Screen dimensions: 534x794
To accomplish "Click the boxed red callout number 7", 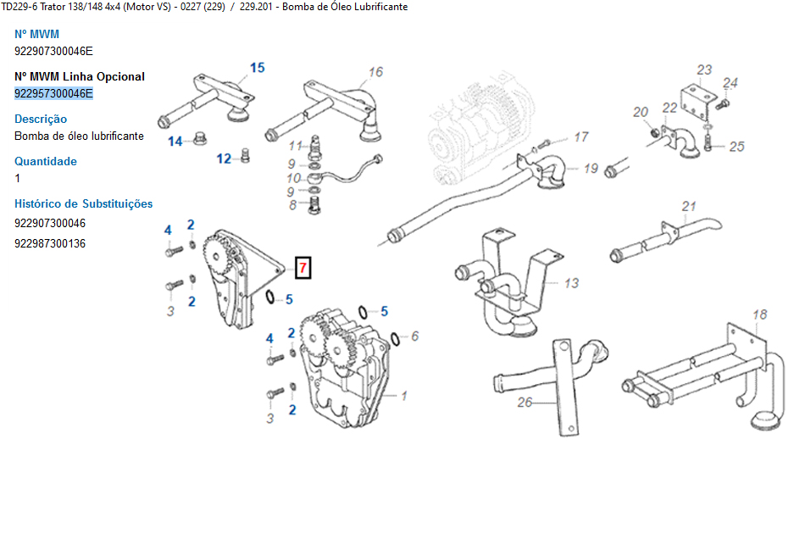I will point(303,268).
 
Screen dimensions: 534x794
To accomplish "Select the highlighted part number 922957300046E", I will point(53,93).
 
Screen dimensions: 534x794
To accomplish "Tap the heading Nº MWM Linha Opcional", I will point(80,76).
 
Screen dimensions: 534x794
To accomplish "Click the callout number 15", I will point(257,68).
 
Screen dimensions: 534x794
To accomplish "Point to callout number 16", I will point(375,72).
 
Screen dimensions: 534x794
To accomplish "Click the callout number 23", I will point(704,70).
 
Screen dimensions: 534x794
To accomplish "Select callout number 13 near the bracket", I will point(572,283).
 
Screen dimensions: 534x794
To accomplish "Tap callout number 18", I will point(760,314).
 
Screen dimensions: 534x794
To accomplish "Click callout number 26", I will point(525,402).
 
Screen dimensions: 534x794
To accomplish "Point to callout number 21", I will point(689,206).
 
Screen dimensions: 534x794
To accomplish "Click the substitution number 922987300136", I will point(50,243).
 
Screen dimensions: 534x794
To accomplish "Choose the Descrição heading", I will point(41,119).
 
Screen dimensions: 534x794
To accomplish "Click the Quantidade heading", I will point(46,161).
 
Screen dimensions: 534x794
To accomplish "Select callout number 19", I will point(590,169).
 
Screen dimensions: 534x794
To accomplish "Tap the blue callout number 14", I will point(175,142).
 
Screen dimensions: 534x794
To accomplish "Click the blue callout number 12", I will point(224,159).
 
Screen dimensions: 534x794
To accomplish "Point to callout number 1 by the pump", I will point(404,395).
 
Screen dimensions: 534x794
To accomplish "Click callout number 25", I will point(736,147).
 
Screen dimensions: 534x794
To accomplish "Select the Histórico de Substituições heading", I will point(84,203).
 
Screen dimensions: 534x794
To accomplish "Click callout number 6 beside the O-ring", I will point(414,336).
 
